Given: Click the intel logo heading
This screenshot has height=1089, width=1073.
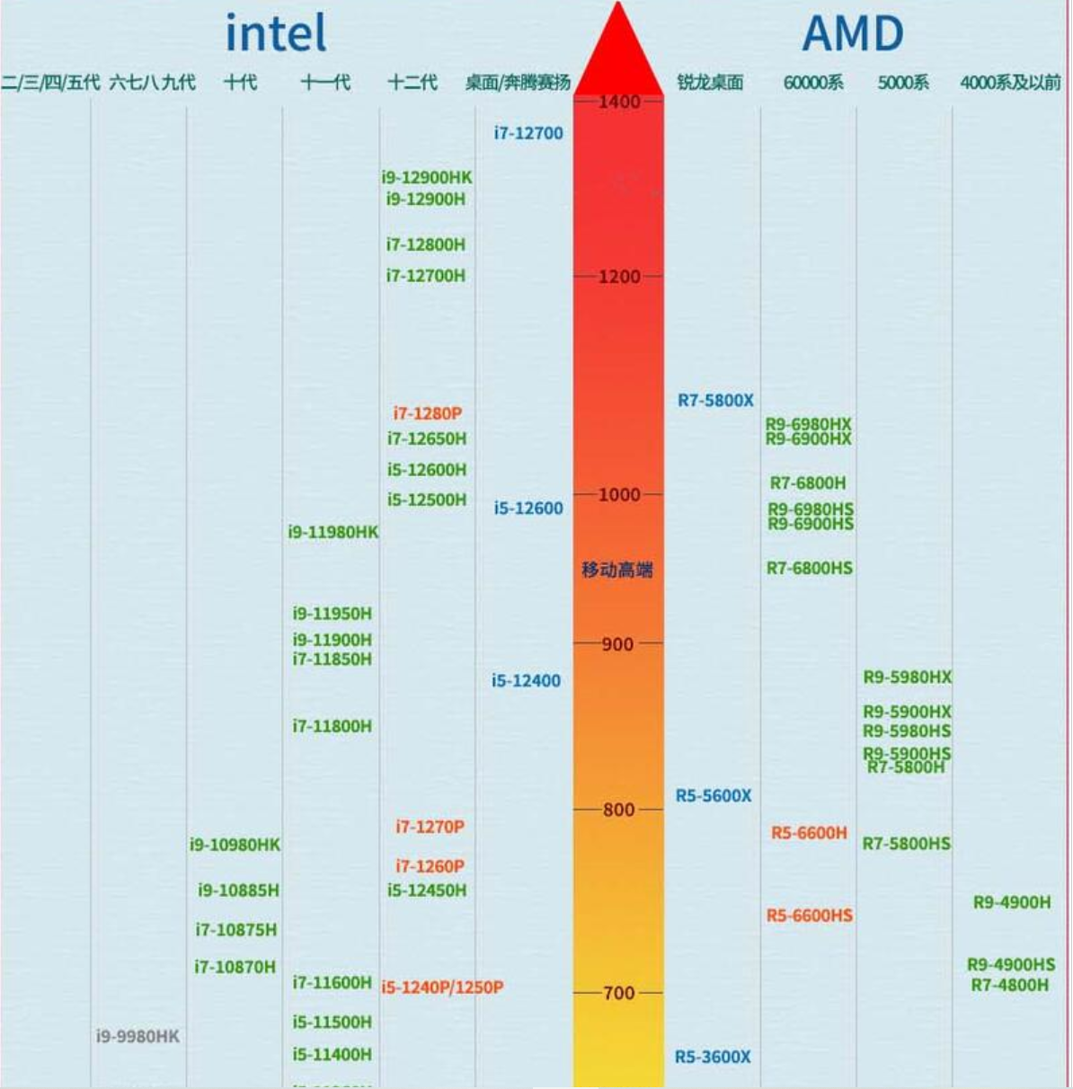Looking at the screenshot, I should [x=275, y=34].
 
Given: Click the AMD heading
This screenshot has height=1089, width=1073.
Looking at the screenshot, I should [x=852, y=34].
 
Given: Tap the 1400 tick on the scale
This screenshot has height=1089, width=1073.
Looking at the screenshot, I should [x=619, y=102].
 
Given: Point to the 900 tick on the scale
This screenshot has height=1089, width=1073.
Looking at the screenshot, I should [x=617, y=644].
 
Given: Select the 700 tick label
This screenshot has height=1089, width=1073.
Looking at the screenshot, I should [x=618, y=993].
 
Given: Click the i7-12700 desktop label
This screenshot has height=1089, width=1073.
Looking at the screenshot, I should [x=528, y=133].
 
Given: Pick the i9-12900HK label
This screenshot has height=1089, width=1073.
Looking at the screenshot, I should [x=427, y=178].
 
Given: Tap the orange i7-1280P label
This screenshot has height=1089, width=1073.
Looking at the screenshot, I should [x=428, y=413].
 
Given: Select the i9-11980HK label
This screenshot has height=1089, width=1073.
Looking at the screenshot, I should [x=333, y=532].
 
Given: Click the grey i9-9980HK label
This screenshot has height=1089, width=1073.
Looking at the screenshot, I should [x=137, y=1036].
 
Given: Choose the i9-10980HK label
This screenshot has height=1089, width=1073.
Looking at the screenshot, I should [x=235, y=845].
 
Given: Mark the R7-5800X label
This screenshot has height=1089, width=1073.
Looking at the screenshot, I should [x=715, y=401].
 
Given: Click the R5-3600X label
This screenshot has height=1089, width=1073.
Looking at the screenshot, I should [x=713, y=1057].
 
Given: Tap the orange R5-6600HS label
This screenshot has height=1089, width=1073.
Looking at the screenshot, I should [x=810, y=916].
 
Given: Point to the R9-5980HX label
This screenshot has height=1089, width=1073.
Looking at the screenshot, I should [x=907, y=677].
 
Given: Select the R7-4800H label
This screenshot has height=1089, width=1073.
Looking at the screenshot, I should [x=1009, y=985].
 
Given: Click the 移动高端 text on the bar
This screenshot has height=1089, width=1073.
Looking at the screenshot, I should [x=617, y=570].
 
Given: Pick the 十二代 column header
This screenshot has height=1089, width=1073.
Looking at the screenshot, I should [x=412, y=83].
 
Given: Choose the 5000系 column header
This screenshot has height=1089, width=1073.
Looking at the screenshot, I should [x=903, y=83].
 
